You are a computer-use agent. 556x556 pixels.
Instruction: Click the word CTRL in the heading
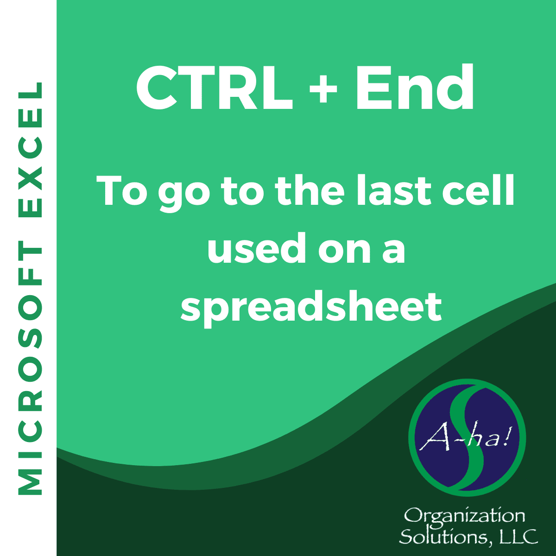(215, 88)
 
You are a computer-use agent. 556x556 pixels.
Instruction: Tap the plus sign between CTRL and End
(323, 88)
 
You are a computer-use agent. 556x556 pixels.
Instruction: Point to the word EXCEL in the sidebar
(30, 150)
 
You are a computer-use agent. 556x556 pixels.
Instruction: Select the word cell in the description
(478, 190)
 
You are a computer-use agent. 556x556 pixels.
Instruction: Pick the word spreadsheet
(311, 308)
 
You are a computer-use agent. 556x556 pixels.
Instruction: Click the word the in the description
(310, 190)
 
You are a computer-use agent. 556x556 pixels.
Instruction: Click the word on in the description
(344, 252)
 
